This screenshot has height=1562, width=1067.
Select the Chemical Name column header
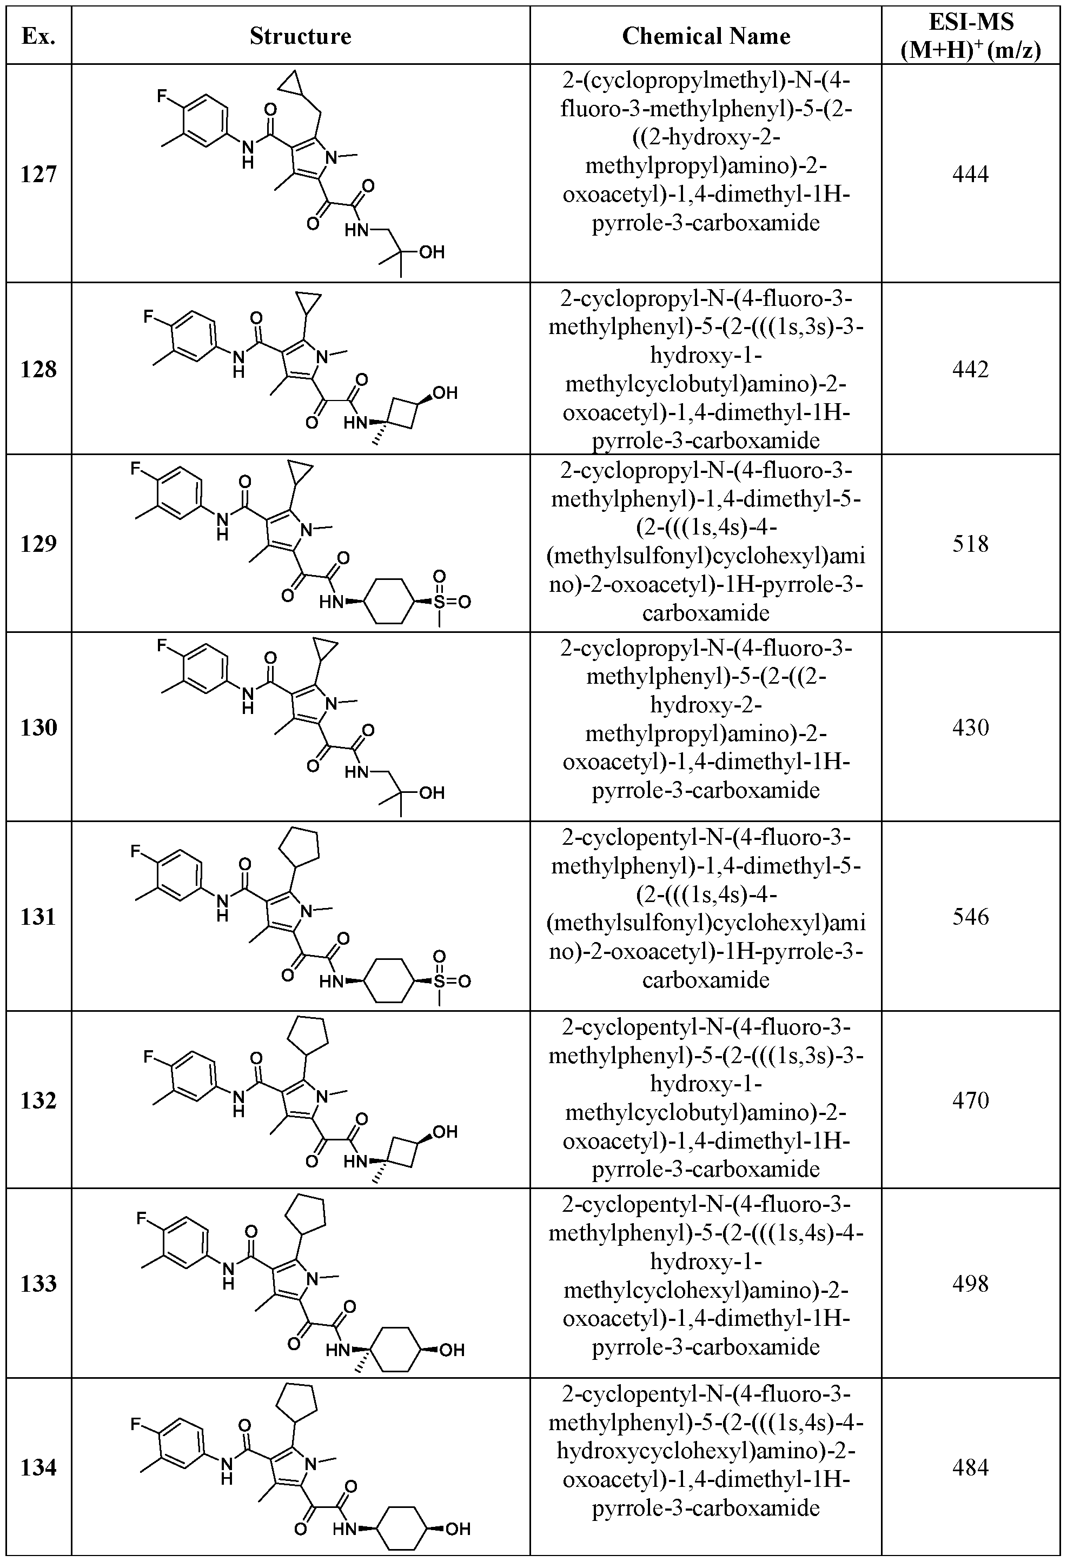tap(706, 36)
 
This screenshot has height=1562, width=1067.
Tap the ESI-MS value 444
tap(970, 175)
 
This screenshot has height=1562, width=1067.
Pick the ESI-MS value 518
tap(970, 543)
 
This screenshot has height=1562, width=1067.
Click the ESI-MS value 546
tap(970, 917)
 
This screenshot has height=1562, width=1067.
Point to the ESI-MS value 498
tap(970, 1284)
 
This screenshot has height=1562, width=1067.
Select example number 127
tap(38, 175)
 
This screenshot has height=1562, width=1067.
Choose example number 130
tap(38, 727)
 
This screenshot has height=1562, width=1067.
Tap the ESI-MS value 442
tap(970, 369)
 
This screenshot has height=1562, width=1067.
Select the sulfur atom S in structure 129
tap(439, 601)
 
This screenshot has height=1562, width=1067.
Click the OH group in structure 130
tap(432, 793)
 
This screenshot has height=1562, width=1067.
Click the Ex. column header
tap(38, 36)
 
